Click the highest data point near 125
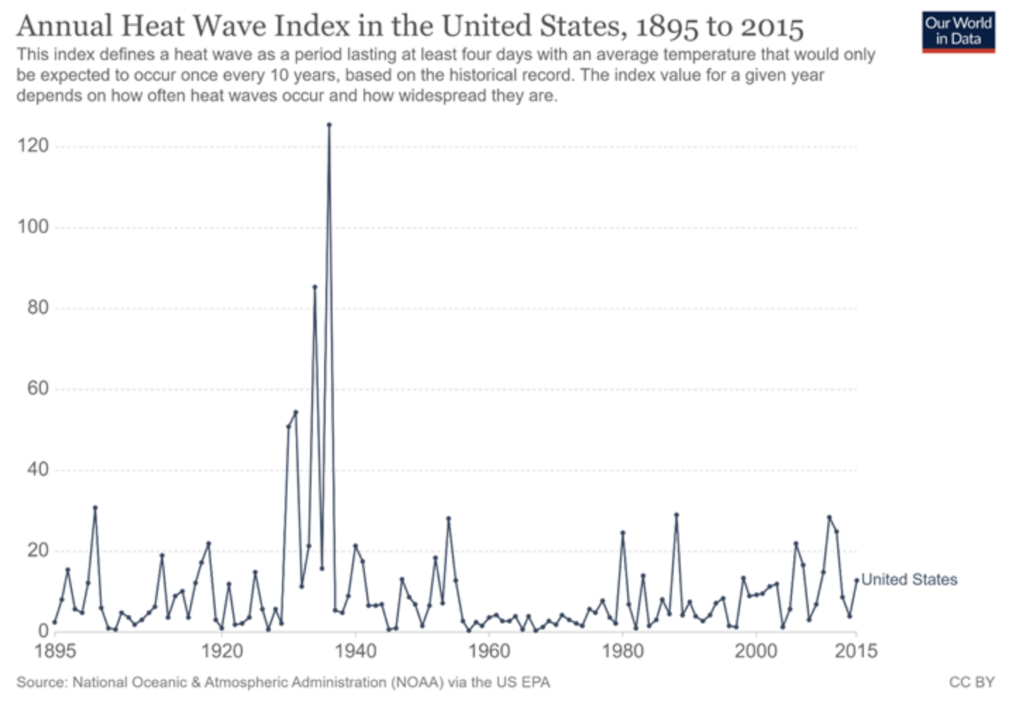329,125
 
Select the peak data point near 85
315,287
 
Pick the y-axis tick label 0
42,632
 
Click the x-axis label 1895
55,651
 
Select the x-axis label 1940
356,651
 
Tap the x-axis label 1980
623,651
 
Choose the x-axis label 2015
856,651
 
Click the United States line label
910,580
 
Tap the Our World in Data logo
958,32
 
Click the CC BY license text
972,682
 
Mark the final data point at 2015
857,580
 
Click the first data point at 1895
54,622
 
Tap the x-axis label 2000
756,651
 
